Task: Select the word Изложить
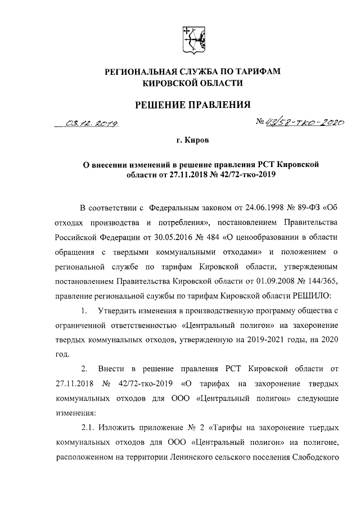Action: [123, 427]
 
